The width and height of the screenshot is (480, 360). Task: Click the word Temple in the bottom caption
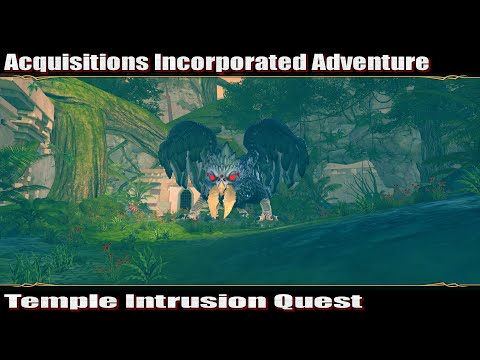click(52, 300)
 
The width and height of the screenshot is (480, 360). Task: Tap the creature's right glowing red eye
click(233, 177)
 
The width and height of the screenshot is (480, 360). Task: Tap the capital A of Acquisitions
click(13, 62)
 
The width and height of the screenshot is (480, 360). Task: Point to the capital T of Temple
click(13, 300)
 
